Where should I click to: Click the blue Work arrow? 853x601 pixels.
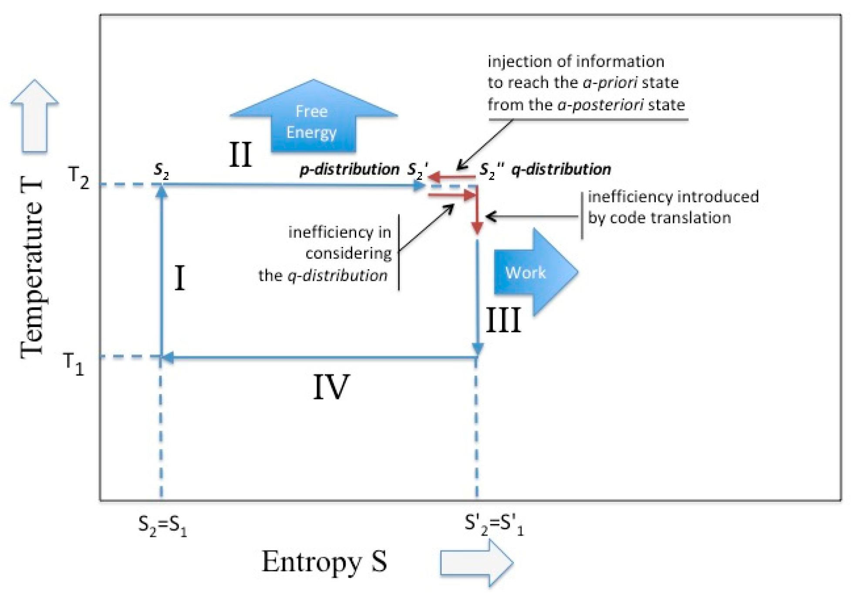534,272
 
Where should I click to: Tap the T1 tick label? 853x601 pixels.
73,363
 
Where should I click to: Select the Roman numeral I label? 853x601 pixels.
179,278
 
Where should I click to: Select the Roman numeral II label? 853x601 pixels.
240,155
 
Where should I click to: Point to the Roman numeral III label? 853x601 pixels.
503,320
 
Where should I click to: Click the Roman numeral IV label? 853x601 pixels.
331,387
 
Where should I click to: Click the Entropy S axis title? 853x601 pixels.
324,561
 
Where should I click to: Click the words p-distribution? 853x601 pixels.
349,169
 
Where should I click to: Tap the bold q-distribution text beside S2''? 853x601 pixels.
561,169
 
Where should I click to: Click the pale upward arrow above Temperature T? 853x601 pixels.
34,116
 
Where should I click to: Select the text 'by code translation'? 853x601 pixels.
659,218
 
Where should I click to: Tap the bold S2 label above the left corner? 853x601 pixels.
161,170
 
